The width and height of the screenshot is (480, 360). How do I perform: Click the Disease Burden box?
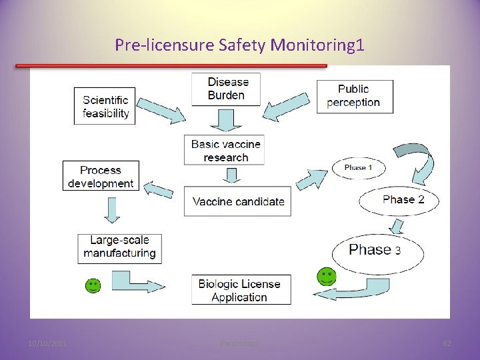point(226,89)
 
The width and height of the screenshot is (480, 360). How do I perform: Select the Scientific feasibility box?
point(105,106)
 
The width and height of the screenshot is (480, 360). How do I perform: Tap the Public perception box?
point(354,96)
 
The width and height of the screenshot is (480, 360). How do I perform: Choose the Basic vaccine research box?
point(225,151)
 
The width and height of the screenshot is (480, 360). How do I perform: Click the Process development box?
point(101,176)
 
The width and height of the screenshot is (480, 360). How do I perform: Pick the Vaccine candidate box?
point(238,201)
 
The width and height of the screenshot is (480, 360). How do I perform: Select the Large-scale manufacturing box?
point(119,247)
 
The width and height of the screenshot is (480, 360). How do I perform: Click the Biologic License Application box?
point(241,290)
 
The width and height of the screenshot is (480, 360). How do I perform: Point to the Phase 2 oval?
point(399,200)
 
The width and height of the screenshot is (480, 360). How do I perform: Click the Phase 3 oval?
point(377,251)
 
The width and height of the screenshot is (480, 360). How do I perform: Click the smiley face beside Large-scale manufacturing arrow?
point(93,285)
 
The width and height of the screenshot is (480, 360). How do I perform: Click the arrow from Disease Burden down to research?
point(225,121)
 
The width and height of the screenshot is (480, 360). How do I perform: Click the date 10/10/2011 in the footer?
point(47,344)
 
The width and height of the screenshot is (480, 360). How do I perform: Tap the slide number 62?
point(447,344)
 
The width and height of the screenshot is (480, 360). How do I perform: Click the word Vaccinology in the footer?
point(239,344)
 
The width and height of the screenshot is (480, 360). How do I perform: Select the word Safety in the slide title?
point(243,45)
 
